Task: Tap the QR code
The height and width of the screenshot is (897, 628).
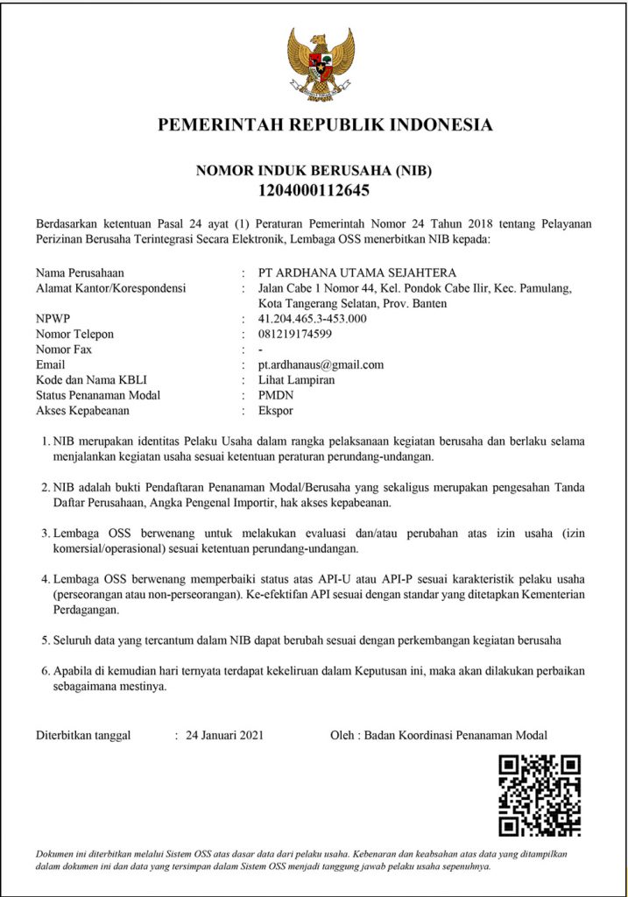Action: [x=540, y=795]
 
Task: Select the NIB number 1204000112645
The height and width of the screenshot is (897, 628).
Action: [x=314, y=189]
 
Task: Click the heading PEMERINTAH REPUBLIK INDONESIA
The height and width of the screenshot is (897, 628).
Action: [x=325, y=125]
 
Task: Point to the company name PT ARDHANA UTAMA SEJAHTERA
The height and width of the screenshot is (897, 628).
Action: [x=357, y=272]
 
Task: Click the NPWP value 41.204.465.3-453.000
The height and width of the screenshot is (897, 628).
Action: [x=313, y=319]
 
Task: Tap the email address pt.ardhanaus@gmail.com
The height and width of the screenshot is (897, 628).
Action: [x=321, y=364]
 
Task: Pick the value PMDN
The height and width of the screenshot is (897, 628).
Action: [x=275, y=395]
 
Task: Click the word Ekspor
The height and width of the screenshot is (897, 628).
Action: [x=276, y=410]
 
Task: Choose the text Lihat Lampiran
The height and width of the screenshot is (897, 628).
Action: [x=296, y=380]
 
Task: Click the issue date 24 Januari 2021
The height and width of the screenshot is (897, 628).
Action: [x=224, y=735]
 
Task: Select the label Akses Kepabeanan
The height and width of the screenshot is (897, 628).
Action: [x=82, y=410]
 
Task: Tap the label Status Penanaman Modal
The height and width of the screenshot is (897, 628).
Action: [x=98, y=395]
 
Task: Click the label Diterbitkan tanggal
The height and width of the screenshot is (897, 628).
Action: [x=83, y=735]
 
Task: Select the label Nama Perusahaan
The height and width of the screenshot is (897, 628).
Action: [x=80, y=272]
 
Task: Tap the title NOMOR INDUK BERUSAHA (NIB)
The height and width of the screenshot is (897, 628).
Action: [x=314, y=170]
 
